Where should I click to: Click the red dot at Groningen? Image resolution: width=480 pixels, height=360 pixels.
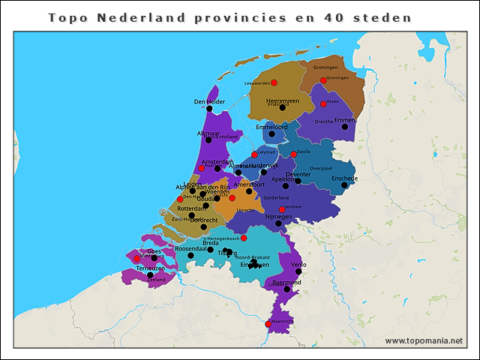click(323, 81)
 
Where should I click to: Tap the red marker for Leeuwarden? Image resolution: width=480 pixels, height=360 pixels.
click(274, 82)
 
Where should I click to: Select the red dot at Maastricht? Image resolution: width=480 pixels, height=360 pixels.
click(268, 324)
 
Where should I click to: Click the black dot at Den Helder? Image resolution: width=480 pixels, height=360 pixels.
click(210, 109)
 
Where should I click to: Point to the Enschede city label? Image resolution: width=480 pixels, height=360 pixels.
click(344, 178)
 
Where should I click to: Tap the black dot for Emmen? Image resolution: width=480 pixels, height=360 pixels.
click(345, 127)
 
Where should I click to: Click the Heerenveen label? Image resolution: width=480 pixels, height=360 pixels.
click(283, 100)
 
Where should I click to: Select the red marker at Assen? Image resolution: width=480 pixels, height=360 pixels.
click(323, 104)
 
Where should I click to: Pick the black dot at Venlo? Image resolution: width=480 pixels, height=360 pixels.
click(298, 271)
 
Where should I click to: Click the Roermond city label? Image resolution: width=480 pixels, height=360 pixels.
click(286, 282)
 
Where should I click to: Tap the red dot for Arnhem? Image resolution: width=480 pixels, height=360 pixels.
click(282, 209)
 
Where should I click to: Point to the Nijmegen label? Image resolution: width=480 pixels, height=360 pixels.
click(279, 216)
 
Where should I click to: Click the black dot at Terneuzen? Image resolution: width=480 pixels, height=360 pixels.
click(151, 275)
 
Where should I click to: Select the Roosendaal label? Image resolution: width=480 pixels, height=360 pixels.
click(190, 248)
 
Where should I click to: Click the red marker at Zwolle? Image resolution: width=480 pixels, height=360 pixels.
click(293, 154)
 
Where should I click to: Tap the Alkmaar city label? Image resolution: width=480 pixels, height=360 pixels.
click(208, 133)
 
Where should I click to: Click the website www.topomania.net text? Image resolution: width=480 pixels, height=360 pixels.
click(424, 340)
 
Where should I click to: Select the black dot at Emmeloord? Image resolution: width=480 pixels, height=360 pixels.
click(271, 135)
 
